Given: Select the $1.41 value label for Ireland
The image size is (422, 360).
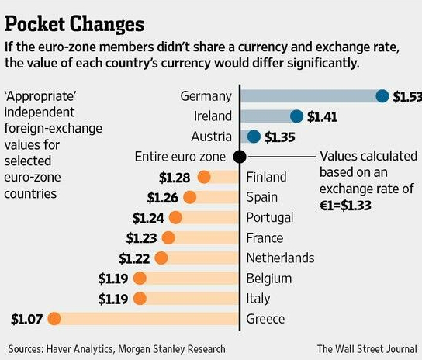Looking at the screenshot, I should point(323,116).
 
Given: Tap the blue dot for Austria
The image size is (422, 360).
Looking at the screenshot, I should point(254,137).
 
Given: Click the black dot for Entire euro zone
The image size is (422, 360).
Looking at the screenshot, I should point(240,157).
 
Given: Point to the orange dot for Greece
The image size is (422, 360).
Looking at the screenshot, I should point(54,318).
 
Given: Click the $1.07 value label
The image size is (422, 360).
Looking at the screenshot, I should point(26,318).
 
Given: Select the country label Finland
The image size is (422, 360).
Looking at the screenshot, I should point(266,177).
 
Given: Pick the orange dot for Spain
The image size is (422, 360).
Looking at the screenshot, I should point(189,197).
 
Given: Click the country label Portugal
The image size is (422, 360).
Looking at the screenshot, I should point(269,217).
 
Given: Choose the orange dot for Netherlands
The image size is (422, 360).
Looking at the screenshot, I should point(162,258).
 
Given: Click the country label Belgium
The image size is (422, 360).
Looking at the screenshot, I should point(268,278).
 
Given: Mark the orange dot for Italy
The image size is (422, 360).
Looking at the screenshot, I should point(140,298).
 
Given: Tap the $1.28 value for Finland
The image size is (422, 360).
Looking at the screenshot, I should point(175,177).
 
